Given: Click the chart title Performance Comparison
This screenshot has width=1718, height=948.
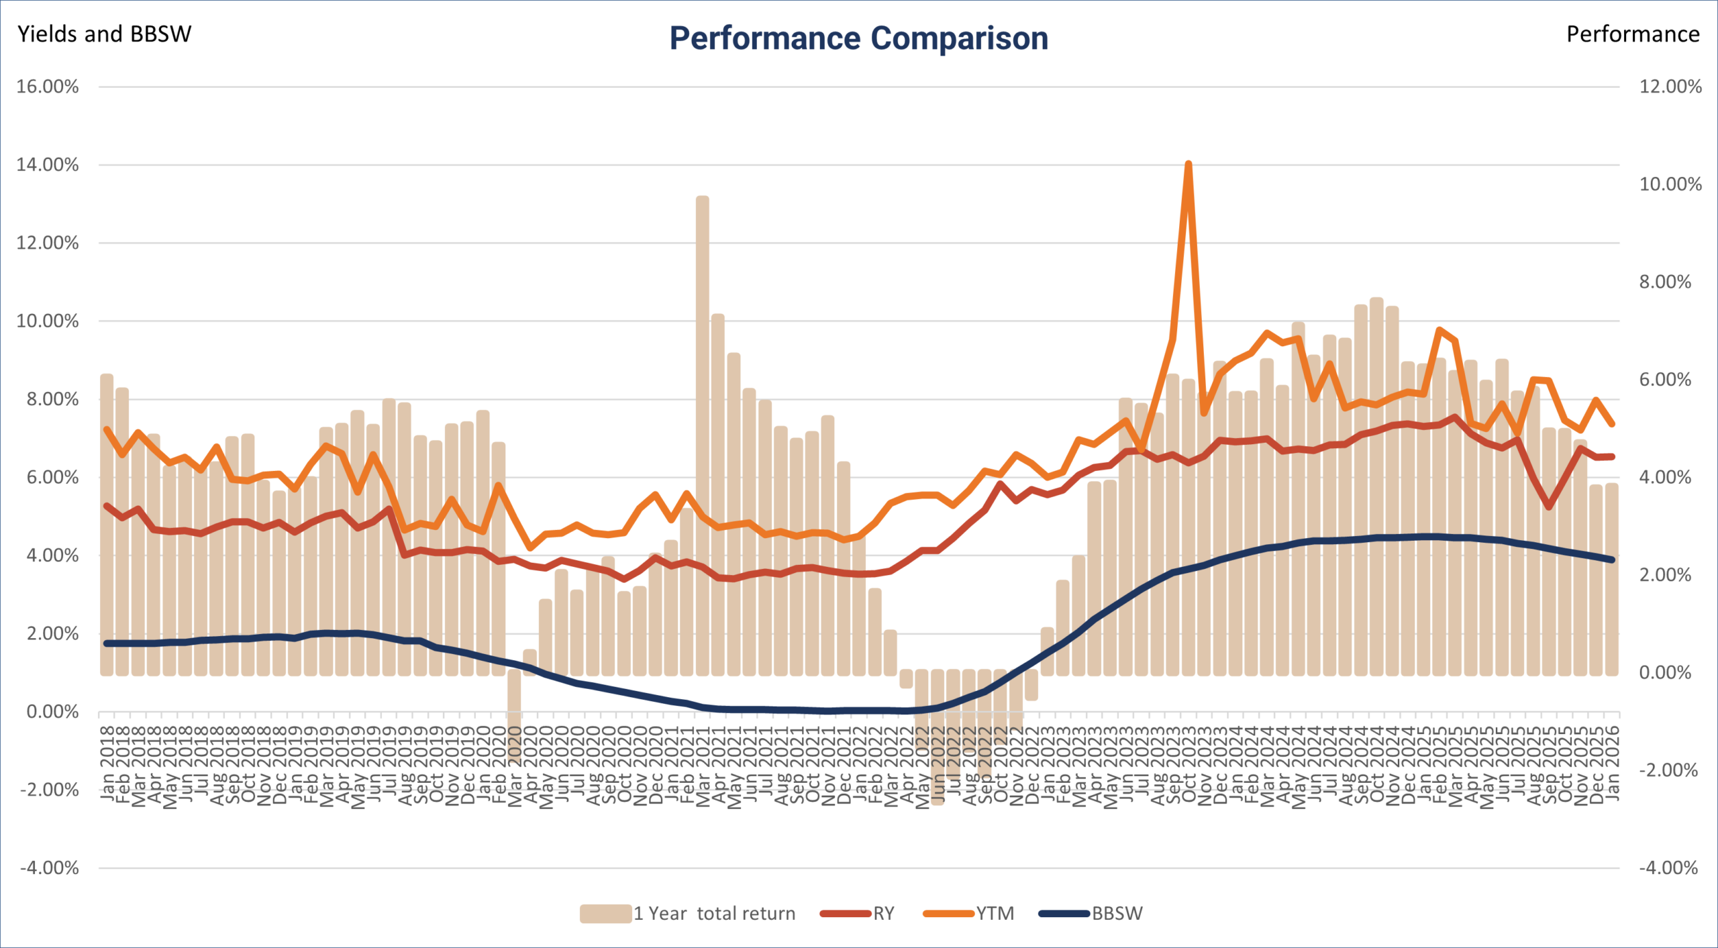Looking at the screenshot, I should pos(858,38).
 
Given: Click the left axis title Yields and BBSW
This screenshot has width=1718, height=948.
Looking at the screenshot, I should pos(104,34).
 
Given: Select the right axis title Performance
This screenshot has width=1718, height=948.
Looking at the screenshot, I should pos(1632,34).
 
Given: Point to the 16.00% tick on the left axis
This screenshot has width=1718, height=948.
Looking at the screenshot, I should pos(48,87).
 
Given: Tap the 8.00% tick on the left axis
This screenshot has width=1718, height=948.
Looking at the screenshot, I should pos(48,399).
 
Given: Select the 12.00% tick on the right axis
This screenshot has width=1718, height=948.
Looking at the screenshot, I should pos(1670,87).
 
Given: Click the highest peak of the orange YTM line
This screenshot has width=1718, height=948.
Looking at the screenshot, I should pos(1189,164).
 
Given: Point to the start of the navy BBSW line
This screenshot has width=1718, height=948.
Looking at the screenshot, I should pos(107,643).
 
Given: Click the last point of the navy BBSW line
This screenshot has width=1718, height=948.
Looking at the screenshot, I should pos(1612,560).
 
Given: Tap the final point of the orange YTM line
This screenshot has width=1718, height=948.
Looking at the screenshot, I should pos(1612,424).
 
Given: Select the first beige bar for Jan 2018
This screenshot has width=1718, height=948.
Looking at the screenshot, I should pos(107,523).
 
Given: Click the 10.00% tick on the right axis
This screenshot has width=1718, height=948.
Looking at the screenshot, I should pos(1670,185).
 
